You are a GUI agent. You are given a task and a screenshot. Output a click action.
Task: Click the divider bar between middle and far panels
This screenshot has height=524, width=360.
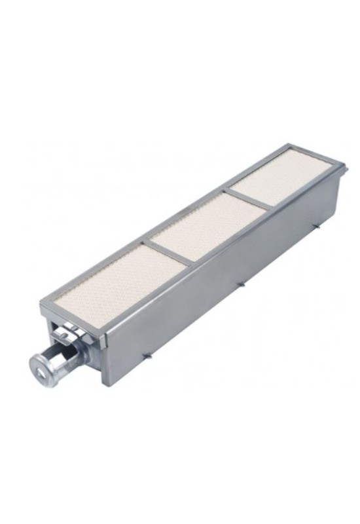point(249,200)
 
